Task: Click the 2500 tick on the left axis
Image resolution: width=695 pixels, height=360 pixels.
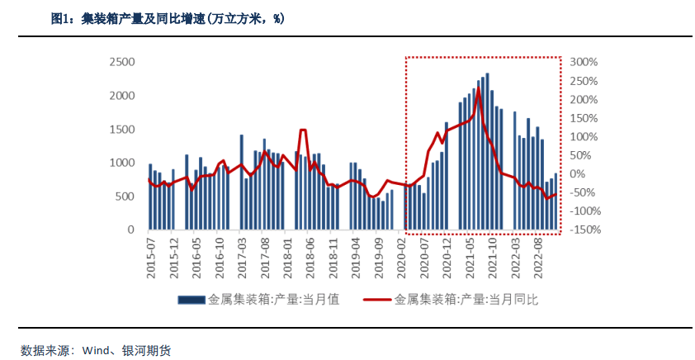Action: pos(122,62)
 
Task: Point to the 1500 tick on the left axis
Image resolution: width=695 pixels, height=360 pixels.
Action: pos(122,130)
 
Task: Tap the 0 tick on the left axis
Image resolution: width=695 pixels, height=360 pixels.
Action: pos(130,230)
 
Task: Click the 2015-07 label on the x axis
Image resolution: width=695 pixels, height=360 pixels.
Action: pos(151,258)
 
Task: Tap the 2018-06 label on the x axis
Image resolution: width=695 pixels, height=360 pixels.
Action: pos(311,258)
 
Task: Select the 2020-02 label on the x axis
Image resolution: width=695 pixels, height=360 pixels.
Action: pos(403,258)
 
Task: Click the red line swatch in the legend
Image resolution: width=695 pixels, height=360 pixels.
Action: pos(377,298)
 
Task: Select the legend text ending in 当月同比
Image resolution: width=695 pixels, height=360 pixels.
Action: pos(467,298)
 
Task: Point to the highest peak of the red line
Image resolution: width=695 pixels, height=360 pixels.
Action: pos(478,88)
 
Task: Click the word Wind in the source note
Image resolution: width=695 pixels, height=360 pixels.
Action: pos(96,350)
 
